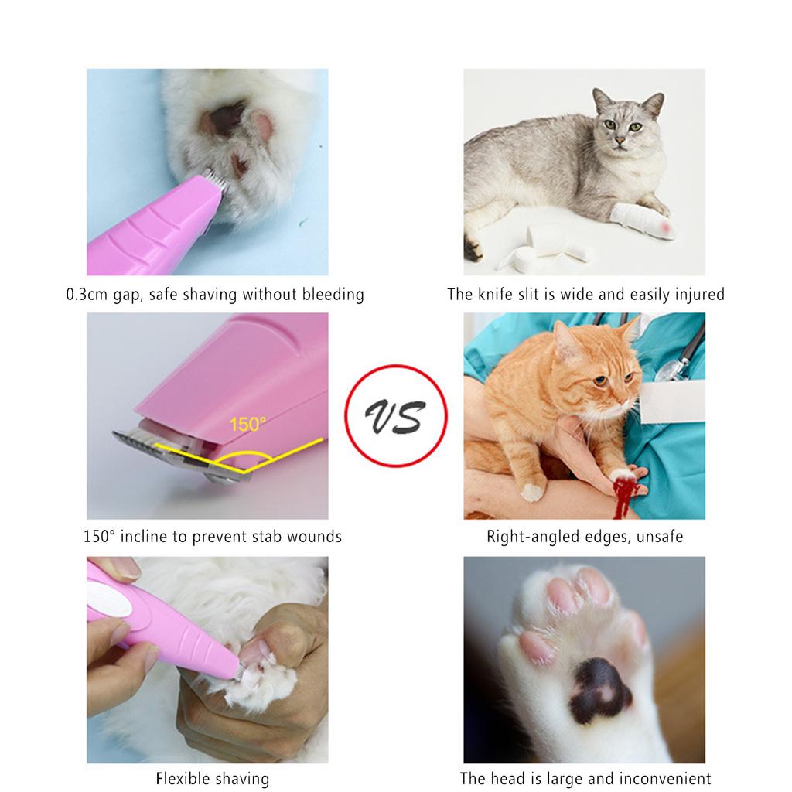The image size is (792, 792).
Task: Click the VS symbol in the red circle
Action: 395,417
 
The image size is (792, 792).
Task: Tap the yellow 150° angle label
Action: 247,425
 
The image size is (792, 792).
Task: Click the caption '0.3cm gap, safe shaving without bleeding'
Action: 214,294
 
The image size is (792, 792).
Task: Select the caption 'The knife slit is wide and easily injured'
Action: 585,294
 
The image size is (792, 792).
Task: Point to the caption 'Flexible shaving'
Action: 213,778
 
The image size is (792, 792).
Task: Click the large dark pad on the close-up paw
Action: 599,688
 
